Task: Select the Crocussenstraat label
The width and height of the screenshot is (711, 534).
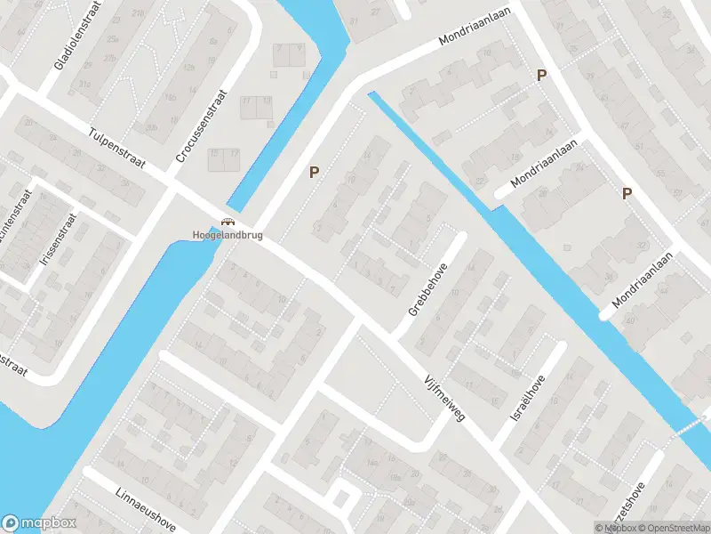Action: click(203, 126)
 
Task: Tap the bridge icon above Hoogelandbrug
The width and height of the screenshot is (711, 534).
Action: click(227, 222)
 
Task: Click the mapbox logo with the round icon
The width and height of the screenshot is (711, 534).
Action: click(39, 523)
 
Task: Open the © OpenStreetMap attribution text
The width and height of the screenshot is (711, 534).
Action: click(671, 528)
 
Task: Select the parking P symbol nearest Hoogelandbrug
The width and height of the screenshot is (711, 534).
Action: click(313, 172)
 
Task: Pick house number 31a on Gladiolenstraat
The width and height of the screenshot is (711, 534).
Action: click(84, 83)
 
